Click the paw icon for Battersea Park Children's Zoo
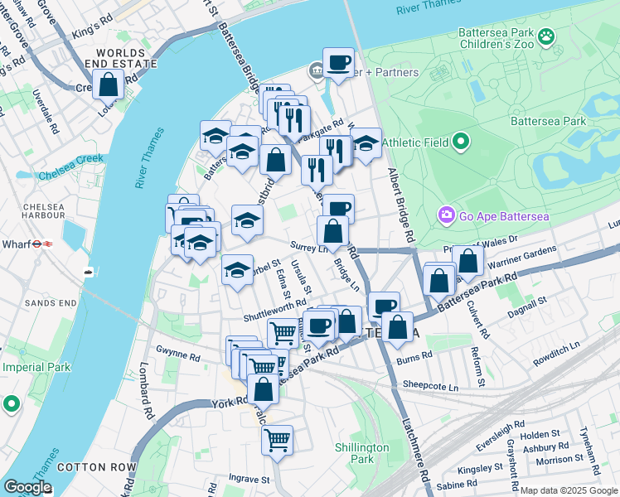545,36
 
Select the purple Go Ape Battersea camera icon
448,216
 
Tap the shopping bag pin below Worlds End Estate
108,84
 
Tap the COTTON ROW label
85,467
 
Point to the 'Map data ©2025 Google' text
568,490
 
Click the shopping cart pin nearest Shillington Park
277,439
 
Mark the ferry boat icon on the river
88,271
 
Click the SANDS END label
50,304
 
